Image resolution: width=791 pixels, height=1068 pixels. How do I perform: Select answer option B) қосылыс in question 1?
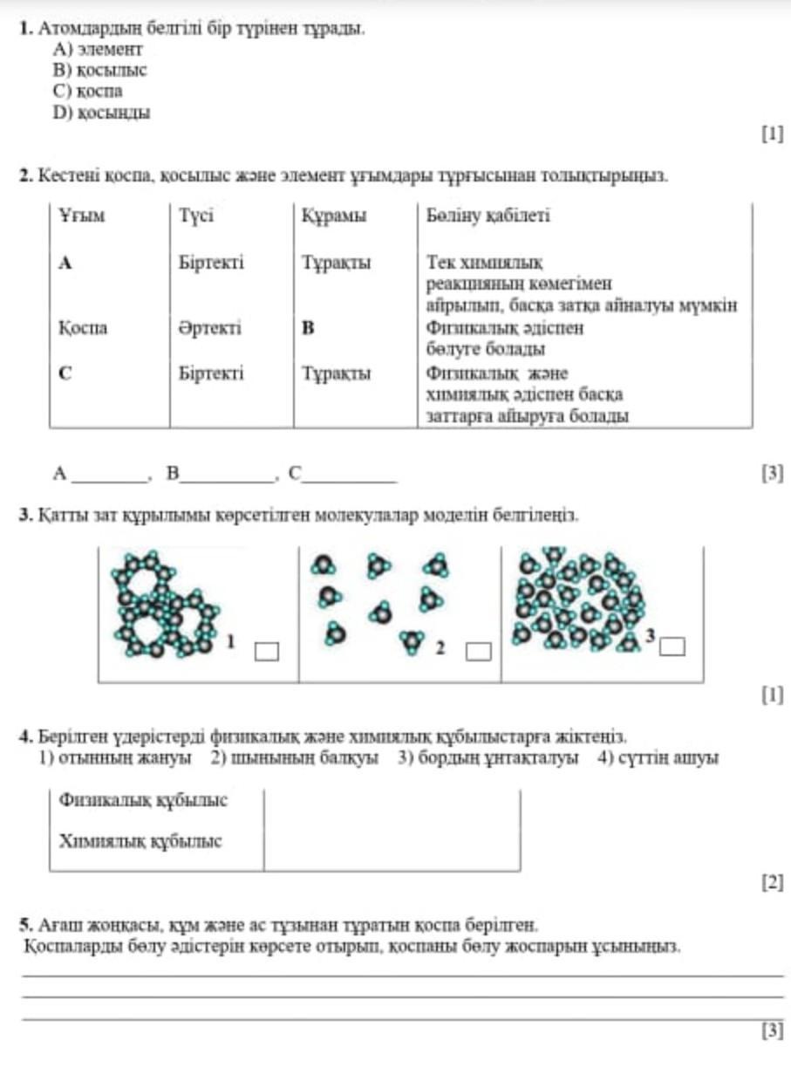(99, 71)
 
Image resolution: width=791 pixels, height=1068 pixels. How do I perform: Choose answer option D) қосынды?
(101, 112)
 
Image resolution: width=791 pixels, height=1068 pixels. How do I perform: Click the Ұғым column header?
(82, 216)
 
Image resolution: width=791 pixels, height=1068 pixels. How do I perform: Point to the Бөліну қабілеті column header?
(488, 216)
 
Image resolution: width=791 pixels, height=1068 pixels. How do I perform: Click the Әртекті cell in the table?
(210, 328)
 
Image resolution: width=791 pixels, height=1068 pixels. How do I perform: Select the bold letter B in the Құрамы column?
(307, 328)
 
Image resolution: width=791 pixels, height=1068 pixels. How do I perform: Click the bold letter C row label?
(65, 373)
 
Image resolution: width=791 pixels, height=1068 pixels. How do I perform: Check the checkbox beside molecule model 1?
(267, 651)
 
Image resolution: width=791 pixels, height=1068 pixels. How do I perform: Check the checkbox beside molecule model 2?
(477, 651)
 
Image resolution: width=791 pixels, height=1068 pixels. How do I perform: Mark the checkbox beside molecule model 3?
(672, 647)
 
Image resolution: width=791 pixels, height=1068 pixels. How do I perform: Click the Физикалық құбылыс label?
(143, 800)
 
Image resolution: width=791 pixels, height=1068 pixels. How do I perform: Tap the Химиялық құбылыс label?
(140, 842)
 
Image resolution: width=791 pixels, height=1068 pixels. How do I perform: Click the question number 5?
(24, 923)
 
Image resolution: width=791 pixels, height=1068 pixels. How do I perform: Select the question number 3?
(24, 516)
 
